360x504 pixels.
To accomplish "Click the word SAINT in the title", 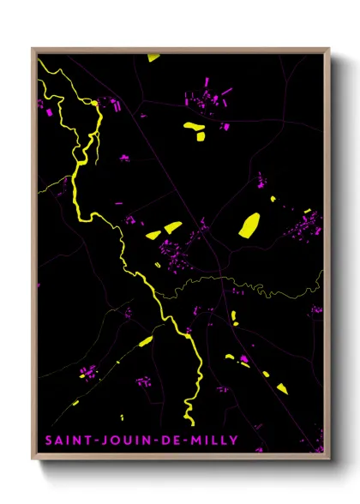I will point(65,440).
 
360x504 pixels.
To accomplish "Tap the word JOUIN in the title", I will point(117,440).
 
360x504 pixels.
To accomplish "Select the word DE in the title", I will point(162,440).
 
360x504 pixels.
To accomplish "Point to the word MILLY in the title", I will point(208,440).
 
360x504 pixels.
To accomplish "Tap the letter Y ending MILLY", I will point(234,440).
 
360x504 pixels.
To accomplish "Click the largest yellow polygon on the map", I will point(249,225).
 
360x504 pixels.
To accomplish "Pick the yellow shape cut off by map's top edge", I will point(153,58).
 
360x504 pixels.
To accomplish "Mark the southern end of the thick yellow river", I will point(193,423).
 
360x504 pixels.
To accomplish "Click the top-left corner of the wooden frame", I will point(33,49).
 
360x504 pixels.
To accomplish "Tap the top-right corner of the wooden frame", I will point(329,49).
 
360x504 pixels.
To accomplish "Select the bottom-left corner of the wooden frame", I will point(33,461).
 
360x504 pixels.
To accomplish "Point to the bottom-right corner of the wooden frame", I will point(329,461).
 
